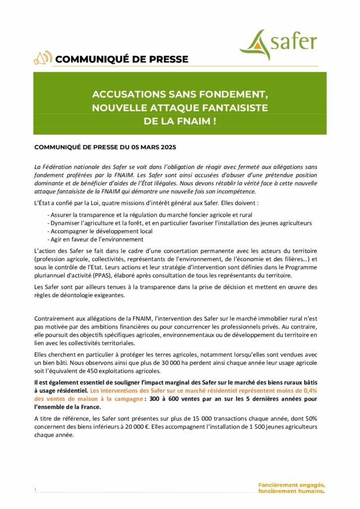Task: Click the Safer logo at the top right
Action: tap(278, 44)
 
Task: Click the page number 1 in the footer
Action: tap(35, 490)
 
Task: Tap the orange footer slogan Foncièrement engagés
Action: tap(291, 485)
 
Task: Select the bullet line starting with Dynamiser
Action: tap(179, 223)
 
